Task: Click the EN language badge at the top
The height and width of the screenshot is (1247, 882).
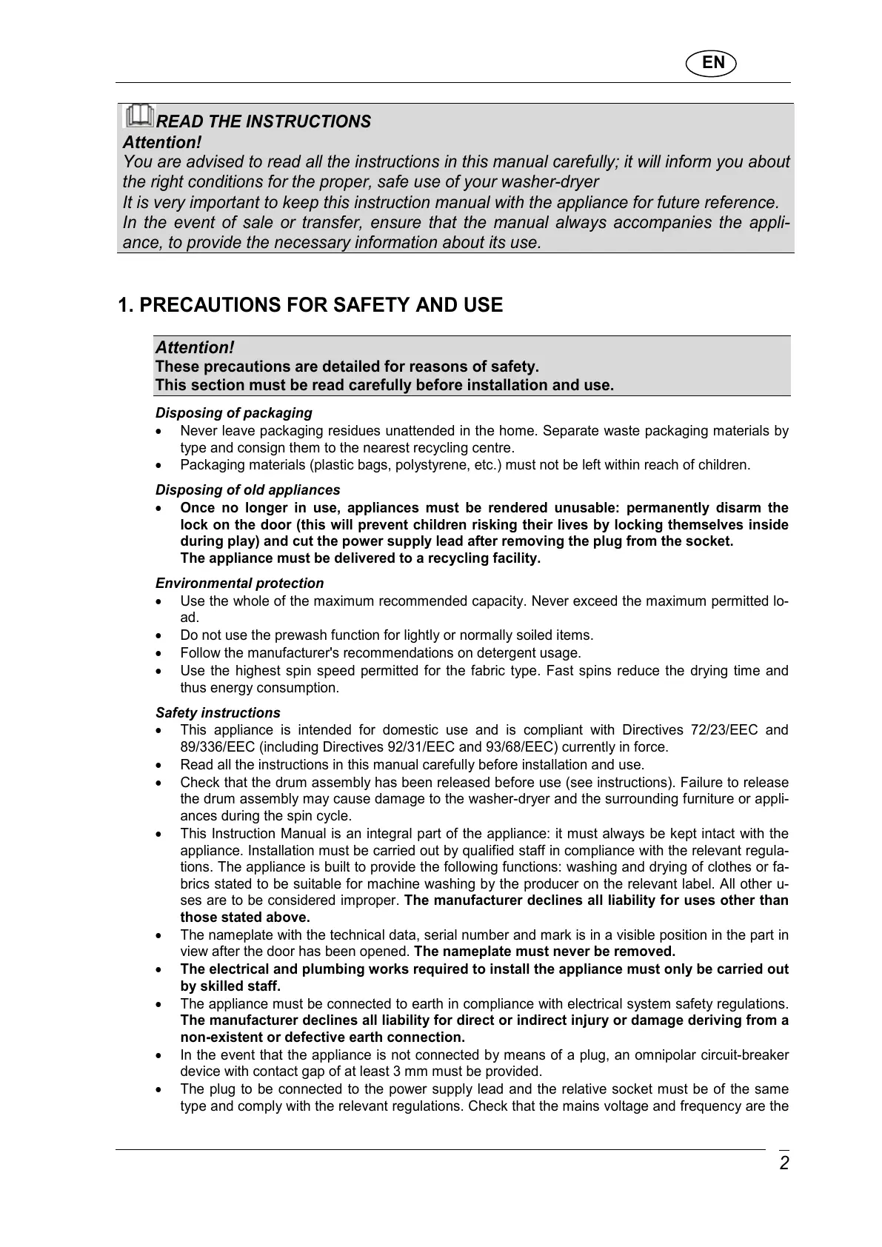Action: coord(712,63)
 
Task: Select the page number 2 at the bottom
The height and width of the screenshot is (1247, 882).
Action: coord(784,1163)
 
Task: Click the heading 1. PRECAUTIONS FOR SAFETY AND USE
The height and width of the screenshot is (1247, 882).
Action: coord(310,305)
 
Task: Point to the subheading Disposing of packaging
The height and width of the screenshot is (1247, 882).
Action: coord(233,413)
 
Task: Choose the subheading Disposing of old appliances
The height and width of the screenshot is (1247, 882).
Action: coord(247,490)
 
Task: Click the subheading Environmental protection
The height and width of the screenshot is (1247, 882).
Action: coord(239,584)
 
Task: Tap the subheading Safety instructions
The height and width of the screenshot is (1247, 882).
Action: coord(218,713)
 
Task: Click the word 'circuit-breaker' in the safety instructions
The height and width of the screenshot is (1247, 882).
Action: coord(746,1055)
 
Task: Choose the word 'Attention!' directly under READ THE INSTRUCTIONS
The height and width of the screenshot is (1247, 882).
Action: coord(162,142)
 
